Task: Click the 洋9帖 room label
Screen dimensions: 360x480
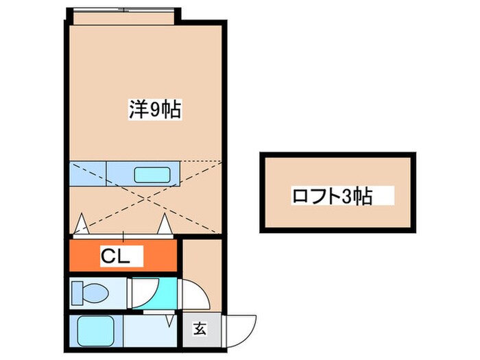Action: pos(154,110)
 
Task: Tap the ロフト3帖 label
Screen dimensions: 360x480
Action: pos(332,196)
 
